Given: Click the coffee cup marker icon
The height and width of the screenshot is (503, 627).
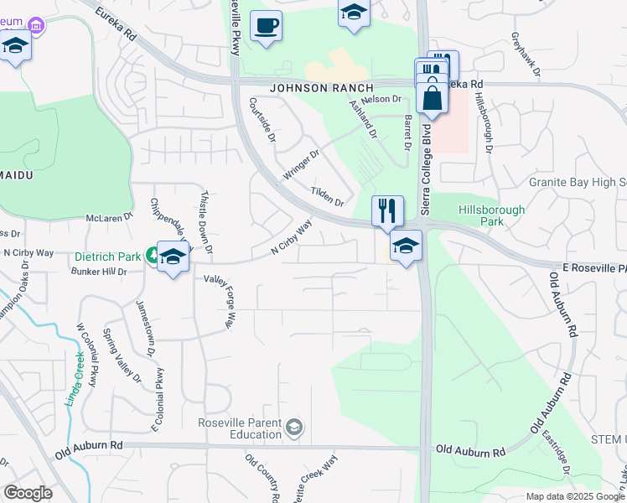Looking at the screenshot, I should click(x=267, y=26).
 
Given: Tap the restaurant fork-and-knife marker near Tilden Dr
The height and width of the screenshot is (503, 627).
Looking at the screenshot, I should click(x=387, y=210).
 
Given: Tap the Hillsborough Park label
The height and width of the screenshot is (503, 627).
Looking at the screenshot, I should click(x=492, y=215).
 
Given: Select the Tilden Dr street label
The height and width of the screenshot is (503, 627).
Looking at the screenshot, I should click(x=328, y=197).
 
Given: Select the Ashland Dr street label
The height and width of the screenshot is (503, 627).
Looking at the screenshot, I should click(x=364, y=116).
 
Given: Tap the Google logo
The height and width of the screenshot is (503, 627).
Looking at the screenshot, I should click(x=28, y=492).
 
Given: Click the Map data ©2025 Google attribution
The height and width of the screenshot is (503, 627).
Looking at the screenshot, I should click(x=574, y=496).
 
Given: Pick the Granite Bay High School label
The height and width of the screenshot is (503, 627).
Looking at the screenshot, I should click(x=578, y=182).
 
